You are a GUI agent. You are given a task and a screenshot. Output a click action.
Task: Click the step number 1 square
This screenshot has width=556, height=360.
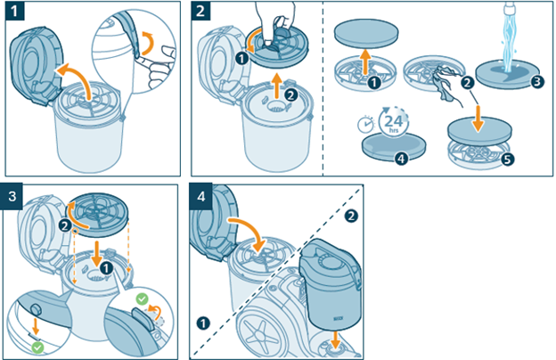tap(12, 13)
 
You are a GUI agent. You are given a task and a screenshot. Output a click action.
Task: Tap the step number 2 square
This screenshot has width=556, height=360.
tap(201, 13)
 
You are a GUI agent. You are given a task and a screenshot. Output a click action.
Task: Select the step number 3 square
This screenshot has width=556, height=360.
tap(12, 194)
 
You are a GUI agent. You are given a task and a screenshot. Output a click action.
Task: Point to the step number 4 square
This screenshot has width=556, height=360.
tap(201, 194)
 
